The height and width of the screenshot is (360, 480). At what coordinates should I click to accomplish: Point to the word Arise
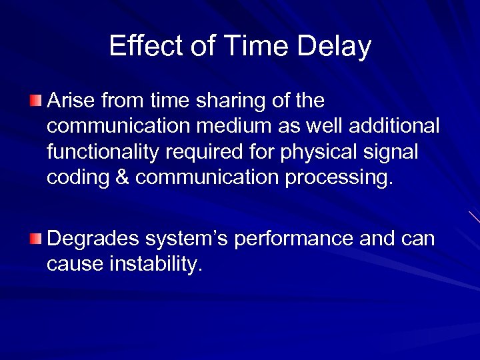[x=71, y=101]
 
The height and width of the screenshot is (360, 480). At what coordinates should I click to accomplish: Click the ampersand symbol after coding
[x=122, y=178]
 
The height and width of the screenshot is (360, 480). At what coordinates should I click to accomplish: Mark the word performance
[x=294, y=238]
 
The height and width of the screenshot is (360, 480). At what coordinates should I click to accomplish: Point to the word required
[x=211, y=152]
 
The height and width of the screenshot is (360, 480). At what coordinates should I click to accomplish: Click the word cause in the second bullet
[x=71, y=264]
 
